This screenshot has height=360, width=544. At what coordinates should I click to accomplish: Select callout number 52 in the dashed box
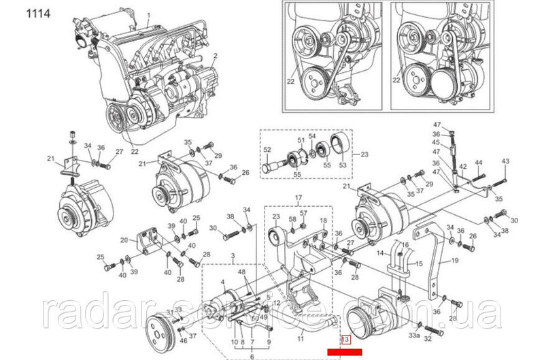click(267, 150)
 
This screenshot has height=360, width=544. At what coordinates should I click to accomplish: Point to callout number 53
click(341, 163)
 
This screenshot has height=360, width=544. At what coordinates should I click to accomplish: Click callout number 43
click(505, 161)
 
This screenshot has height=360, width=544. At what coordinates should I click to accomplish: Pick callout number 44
click(478, 163)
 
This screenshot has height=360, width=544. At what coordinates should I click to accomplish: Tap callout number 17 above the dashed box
click(296, 199)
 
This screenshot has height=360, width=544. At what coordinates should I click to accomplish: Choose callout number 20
click(124, 240)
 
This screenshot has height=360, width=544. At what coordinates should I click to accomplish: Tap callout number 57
click(304, 214)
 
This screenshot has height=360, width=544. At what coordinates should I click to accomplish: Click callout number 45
click(436, 142)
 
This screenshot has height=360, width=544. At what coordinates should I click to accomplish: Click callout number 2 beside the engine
click(215, 55)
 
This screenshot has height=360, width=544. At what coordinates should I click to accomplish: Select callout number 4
click(224, 282)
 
